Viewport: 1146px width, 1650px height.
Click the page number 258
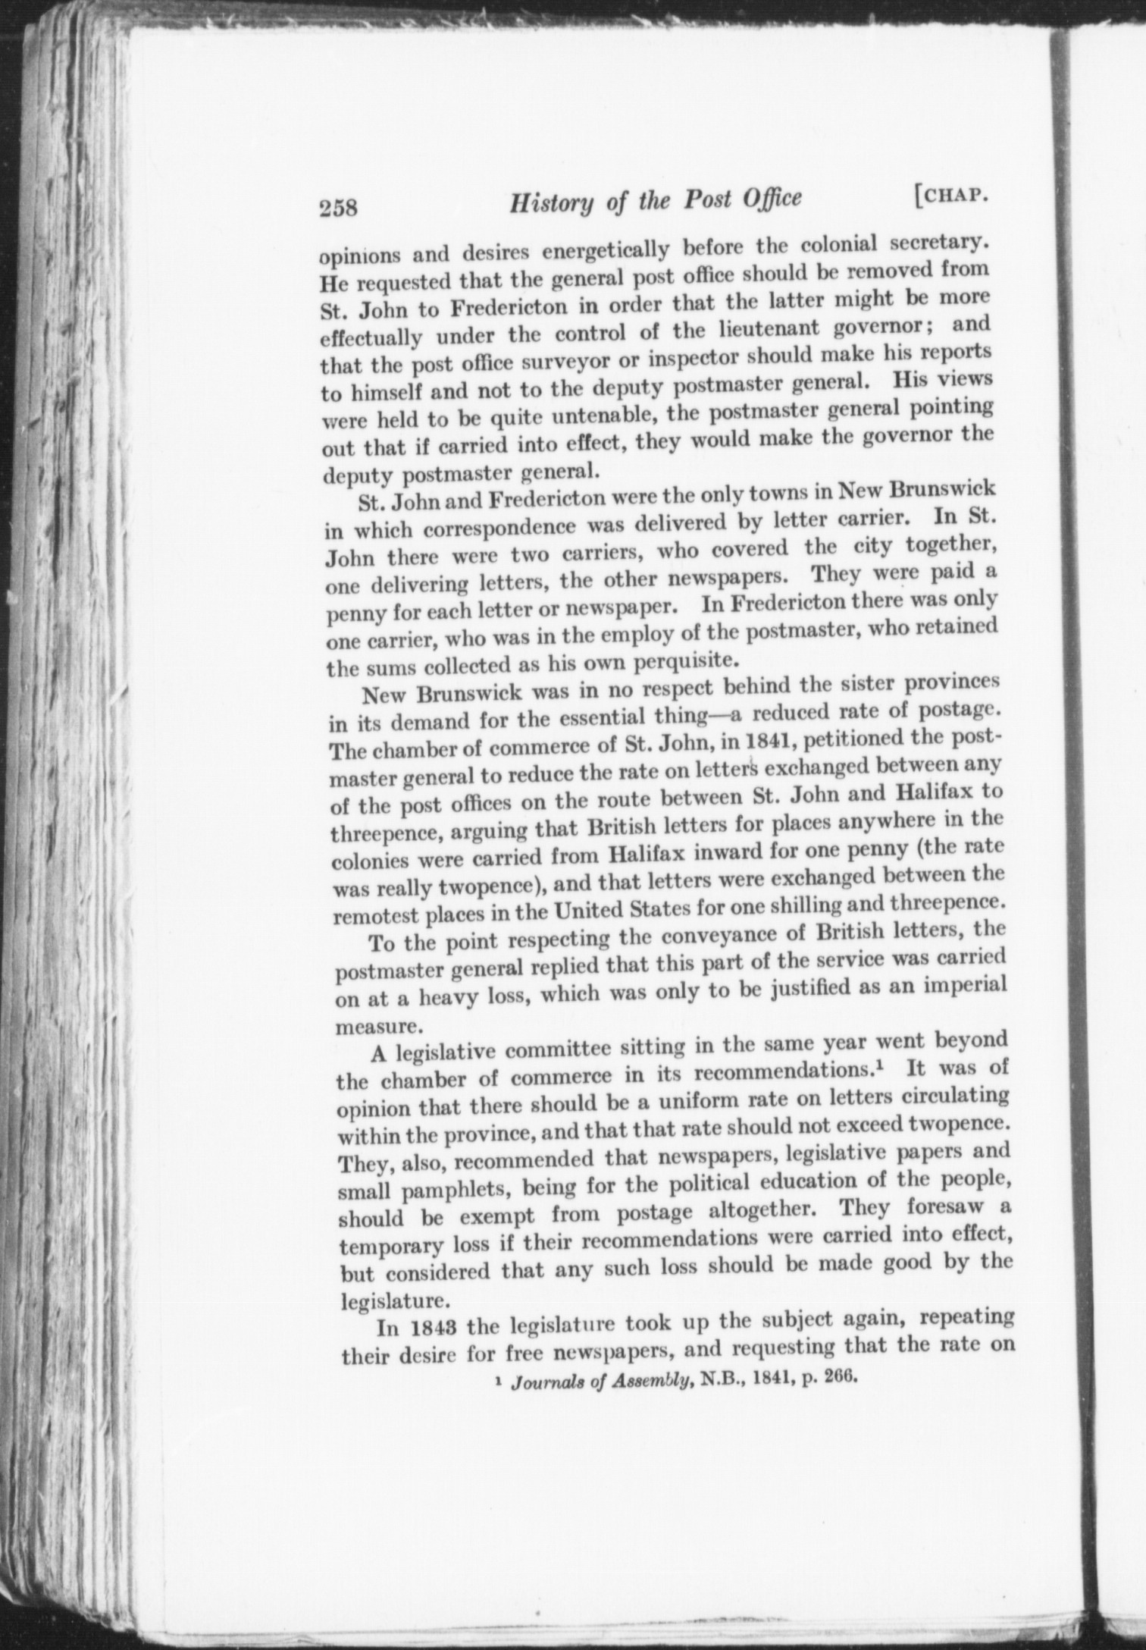339,207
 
